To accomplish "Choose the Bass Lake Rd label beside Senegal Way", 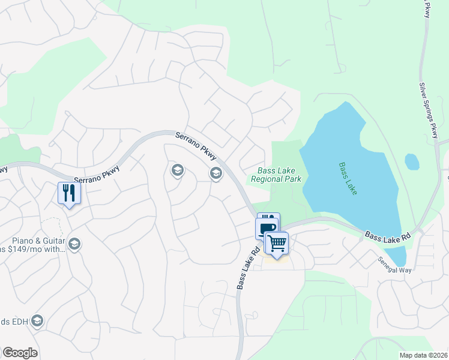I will pos(388,233).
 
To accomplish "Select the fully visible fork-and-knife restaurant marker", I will pos(69,193).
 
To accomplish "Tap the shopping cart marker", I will pos(277,242).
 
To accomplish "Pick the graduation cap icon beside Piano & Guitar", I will pos(74,244).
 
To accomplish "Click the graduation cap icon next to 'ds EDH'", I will pos(38,321).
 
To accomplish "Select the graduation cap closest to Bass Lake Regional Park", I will pos(215,173).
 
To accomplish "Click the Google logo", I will pos(20,353).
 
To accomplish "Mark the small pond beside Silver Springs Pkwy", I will pos(412,161).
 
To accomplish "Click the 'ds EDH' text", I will pos(13,322).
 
